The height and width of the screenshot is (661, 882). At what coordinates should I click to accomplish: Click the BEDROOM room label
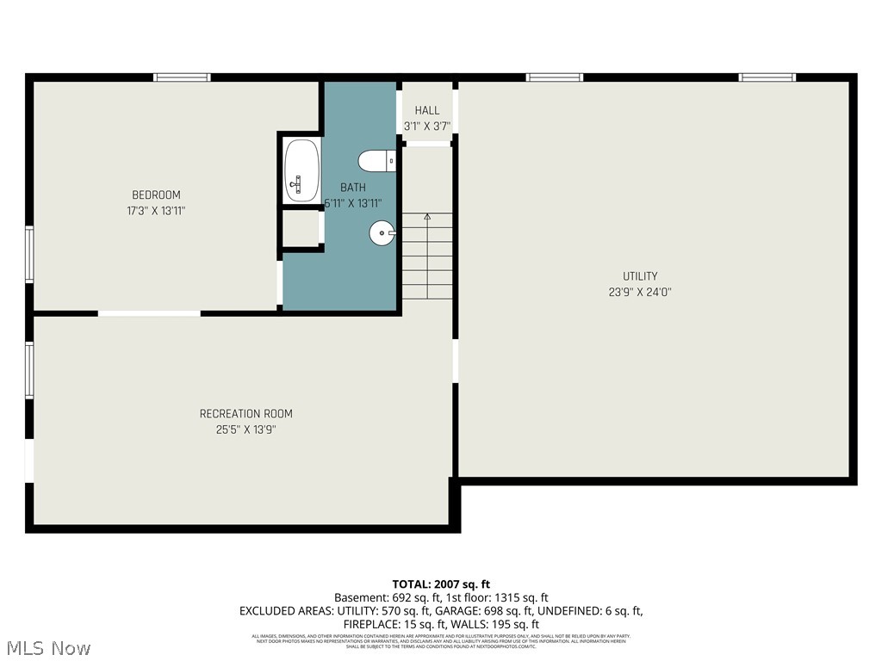tap(156, 195)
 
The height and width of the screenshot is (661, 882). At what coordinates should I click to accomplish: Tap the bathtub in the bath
tap(301, 170)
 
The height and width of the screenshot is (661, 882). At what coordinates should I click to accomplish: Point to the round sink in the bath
tap(382, 232)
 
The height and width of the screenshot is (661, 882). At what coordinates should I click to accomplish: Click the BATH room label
tap(352, 188)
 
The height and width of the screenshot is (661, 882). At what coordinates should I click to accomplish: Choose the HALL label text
tap(426, 110)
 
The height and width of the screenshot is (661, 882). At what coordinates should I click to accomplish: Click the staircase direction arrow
tap(427, 218)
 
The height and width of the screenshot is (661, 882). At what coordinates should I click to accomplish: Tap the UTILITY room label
tap(640, 276)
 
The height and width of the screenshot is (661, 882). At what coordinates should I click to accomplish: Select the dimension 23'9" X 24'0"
tap(640, 292)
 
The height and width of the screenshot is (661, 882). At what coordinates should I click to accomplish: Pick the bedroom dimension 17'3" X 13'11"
tap(156, 211)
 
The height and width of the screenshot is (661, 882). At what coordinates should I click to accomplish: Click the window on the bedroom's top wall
tap(182, 77)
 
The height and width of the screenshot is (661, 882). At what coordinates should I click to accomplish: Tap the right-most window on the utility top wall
tap(767, 77)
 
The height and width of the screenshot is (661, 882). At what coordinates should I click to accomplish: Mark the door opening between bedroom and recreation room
tap(149, 313)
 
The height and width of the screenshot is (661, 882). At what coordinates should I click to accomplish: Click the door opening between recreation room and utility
tap(455, 361)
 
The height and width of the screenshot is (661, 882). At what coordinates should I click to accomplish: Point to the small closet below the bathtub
tap(301, 228)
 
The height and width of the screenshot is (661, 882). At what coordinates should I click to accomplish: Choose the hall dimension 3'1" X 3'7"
tap(427, 127)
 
